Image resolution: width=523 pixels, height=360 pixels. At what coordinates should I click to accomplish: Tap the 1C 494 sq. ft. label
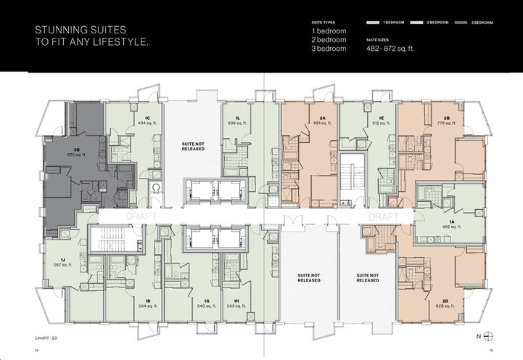(147, 120)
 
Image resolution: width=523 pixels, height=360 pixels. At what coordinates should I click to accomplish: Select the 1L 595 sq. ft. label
(236, 120)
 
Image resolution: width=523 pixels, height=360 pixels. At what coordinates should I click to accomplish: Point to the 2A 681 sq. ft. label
(321, 120)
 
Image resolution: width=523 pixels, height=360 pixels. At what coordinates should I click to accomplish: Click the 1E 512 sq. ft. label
(380, 120)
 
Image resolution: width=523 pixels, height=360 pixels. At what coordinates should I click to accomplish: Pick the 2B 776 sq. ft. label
(446, 120)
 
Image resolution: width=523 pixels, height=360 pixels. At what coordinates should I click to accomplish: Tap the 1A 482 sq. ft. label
(451, 224)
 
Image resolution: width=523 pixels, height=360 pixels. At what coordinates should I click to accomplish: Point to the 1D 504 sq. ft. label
(147, 303)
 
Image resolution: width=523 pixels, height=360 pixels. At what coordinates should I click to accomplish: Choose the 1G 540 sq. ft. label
(207, 303)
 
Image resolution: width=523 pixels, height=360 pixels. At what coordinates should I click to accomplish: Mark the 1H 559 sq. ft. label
(236, 303)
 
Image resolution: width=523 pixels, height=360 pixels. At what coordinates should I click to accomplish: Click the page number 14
(36, 350)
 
